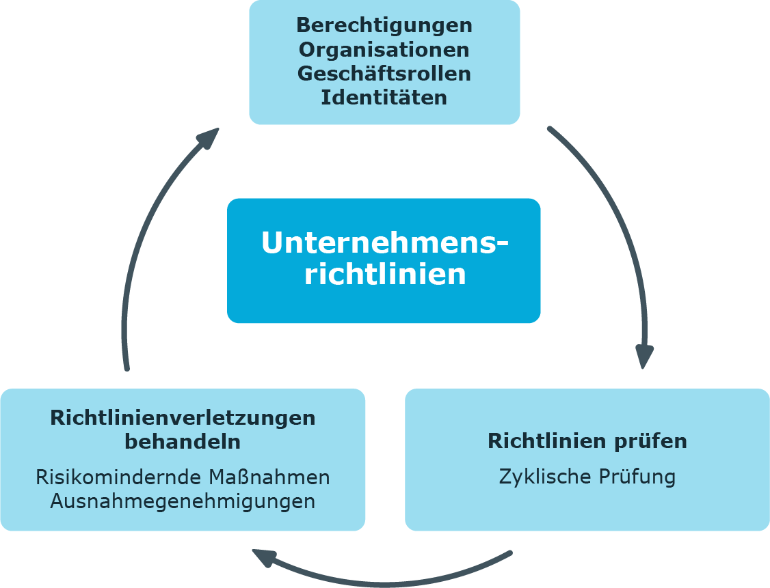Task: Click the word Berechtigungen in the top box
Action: pyautogui.click(x=384, y=26)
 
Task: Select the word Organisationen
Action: pyautogui.click(x=384, y=50)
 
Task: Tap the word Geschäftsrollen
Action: pyautogui.click(x=384, y=74)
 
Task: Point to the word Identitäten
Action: pyautogui.click(x=384, y=97)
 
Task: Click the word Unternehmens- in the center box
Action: pyautogui.click(x=384, y=242)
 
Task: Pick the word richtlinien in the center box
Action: pyautogui.click(x=385, y=273)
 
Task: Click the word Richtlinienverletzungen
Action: pyautogui.click(x=183, y=419)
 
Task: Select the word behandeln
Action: pyautogui.click(x=183, y=441)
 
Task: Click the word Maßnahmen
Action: pyautogui.click(x=269, y=477)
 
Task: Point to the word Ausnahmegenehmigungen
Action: pyautogui.click(x=183, y=502)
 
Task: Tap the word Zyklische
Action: pyautogui.click(x=543, y=477)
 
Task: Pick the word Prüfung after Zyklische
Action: pyautogui.click(x=637, y=477)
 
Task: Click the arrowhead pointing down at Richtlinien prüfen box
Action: pyautogui.click(x=643, y=356)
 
